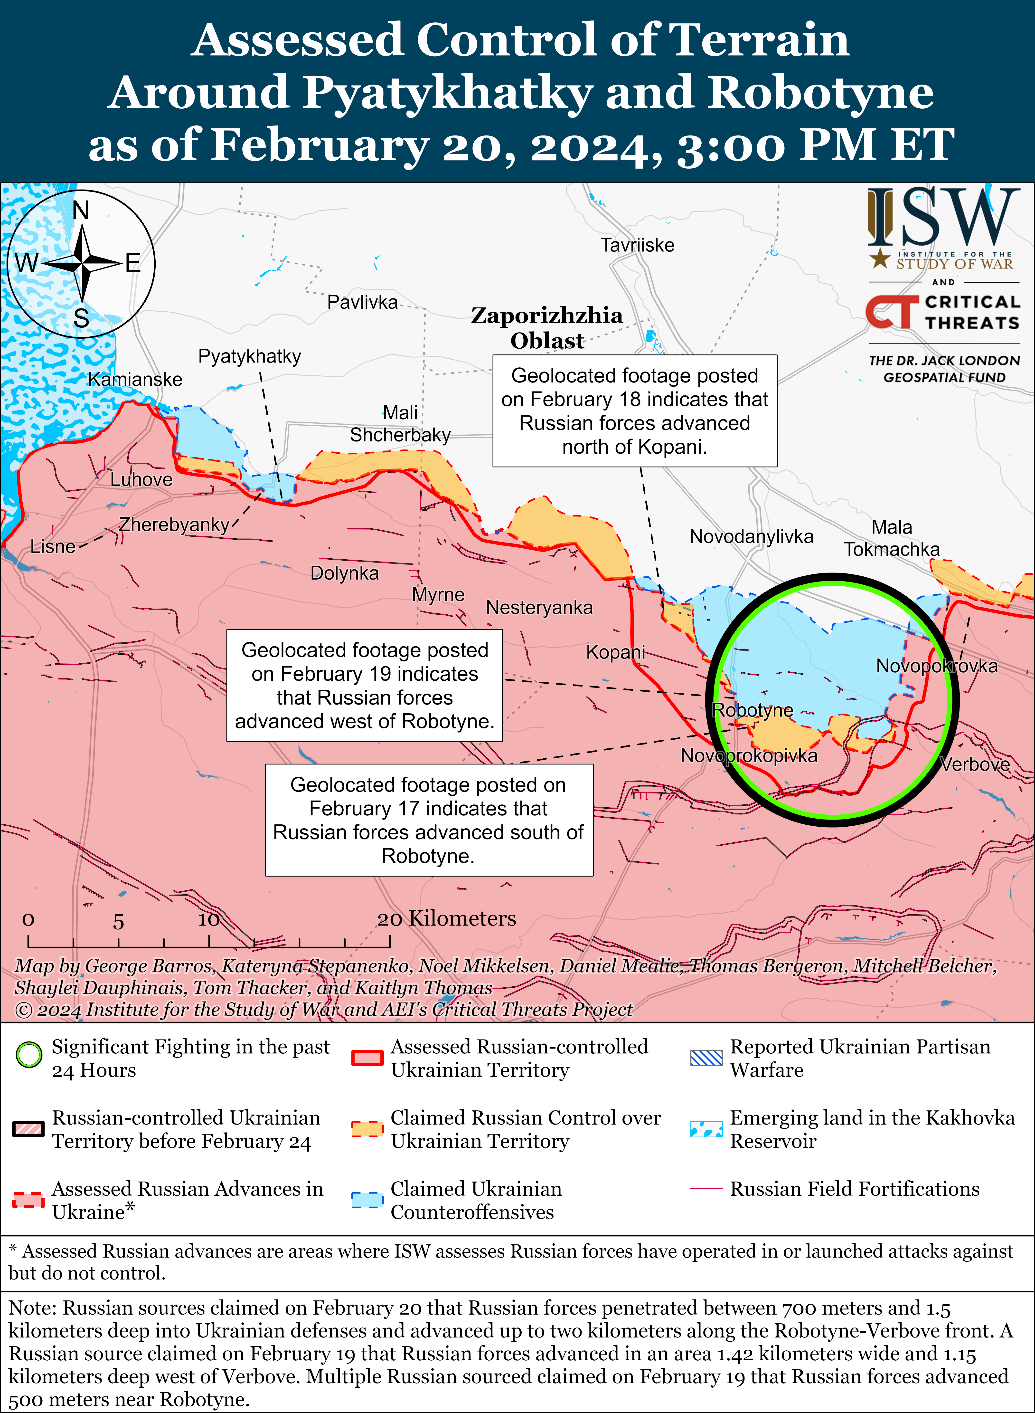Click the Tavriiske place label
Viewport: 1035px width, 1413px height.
pyautogui.click(x=637, y=245)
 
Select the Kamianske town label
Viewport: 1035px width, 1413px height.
pyautogui.click(x=135, y=379)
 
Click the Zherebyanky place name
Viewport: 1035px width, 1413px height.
pyautogui.click(x=174, y=525)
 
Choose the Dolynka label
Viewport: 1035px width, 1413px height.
pyautogui.click(x=345, y=573)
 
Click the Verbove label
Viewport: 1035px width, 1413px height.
pyautogui.click(x=975, y=764)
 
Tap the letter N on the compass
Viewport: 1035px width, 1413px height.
pyautogui.click(x=81, y=210)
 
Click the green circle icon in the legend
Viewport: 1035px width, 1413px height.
pyautogui.click(x=29, y=1055)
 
